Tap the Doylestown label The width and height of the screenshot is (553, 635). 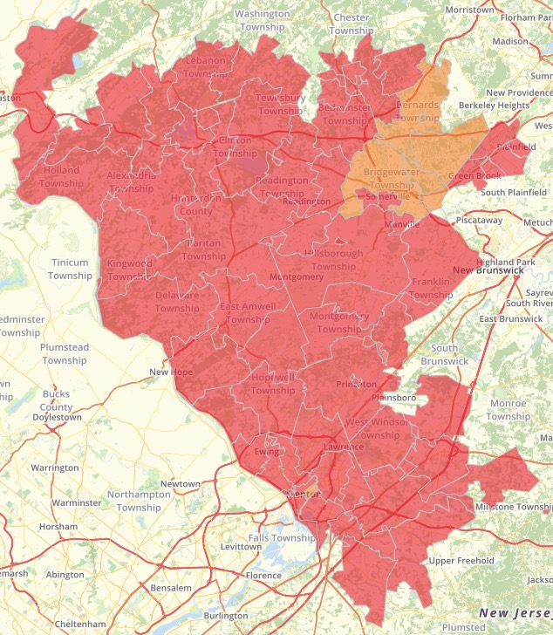coord(57,418)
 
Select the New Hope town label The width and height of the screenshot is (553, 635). coord(170,372)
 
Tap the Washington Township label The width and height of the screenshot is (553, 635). coord(263,20)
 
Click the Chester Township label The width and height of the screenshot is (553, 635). coord(351,24)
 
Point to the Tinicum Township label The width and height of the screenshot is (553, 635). coord(70,270)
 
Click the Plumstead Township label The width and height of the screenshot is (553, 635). coord(65,354)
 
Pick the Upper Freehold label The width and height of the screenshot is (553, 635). coord(461,561)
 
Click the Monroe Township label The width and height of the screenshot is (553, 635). coord(508,410)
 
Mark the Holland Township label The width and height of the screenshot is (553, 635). coord(60,176)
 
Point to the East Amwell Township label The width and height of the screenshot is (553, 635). coord(248,313)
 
